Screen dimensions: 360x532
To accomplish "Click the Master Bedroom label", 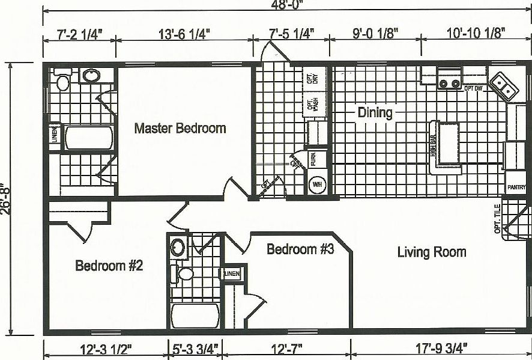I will coord(180,128).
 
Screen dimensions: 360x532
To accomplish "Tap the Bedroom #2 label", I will coord(109,266).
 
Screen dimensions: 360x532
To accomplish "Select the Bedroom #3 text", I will coord(300,249).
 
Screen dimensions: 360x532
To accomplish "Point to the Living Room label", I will coord(431,252).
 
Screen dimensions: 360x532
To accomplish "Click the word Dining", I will coord(375,112).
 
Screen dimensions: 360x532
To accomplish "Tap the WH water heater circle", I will coord(316,185).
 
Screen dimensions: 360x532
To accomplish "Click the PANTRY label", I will coord(516,188).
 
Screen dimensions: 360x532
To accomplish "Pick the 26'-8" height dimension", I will coord(5,199).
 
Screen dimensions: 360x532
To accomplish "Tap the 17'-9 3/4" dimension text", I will coord(435,348).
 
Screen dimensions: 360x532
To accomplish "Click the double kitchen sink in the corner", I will coord(504,86).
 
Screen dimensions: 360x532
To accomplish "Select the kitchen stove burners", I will coord(449,82).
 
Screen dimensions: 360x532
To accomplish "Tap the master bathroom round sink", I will coord(92,76).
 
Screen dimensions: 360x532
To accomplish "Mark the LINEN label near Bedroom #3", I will coord(233,273).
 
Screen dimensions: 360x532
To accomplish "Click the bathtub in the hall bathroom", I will coord(195,316).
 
